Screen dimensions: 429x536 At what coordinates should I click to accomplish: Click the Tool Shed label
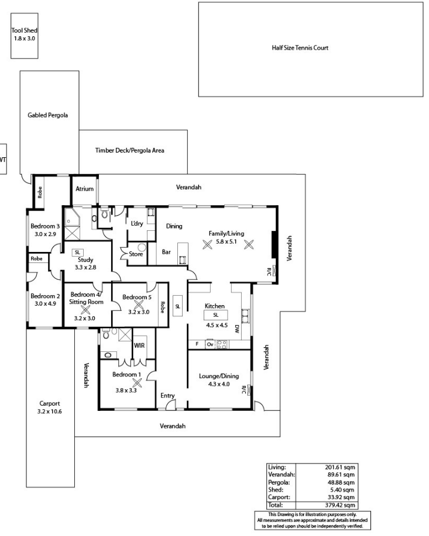click(25, 30)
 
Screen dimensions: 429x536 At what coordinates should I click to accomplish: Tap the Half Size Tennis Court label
click(300, 48)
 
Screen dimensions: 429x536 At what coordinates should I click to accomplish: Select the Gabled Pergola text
click(47, 115)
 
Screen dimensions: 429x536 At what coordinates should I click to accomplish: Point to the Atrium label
click(84, 189)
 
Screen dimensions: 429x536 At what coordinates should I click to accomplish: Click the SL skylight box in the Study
click(77, 253)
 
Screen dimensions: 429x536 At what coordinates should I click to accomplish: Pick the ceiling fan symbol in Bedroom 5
click(139, 305)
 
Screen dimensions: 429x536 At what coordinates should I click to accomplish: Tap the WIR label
click(139, 345)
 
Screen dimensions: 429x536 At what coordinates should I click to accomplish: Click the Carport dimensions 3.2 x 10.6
click(50, 411)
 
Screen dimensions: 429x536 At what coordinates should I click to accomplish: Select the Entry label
click(167, 396)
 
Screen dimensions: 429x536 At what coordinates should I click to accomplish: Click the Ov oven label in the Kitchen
click(210, 344)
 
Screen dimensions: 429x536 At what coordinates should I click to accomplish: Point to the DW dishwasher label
click(236, 329)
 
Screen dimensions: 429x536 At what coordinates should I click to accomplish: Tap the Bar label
click(166, 252)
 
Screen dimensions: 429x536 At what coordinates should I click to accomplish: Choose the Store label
click(136, 254)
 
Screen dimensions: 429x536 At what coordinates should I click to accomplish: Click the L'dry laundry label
click(137, 223)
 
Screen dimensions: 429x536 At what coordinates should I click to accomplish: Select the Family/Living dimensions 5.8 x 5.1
click(226, 241)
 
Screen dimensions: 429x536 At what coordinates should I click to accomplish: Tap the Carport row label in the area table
click(279, 497)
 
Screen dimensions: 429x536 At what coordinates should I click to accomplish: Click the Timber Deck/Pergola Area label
click(129, 150)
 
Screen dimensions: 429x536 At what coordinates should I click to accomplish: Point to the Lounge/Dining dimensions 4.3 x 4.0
click(219, 384)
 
